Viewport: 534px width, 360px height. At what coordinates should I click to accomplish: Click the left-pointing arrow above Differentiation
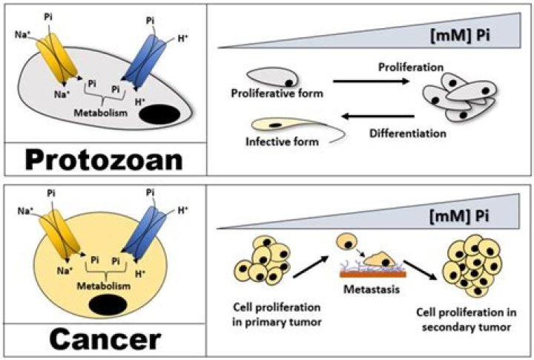[378, 116]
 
